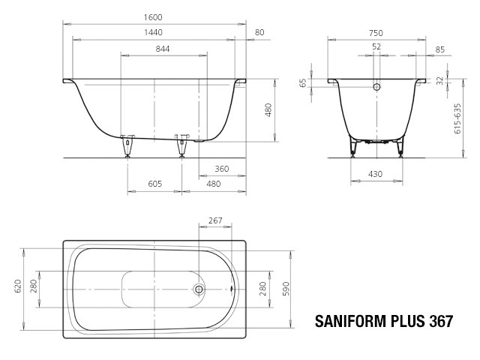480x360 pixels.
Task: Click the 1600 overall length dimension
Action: tap(153, 17)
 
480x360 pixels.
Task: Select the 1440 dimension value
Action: tap(153, 33)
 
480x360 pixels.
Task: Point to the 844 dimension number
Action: tap(163, 49)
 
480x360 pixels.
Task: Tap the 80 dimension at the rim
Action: tap(259, 33)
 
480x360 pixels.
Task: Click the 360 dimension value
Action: tap(221, 169)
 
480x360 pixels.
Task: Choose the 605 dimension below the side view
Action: tap(154, 184)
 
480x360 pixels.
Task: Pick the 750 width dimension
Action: tap(376, 33)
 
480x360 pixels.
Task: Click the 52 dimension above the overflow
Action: tap(376, 46)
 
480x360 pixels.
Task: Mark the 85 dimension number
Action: tap(439, 50)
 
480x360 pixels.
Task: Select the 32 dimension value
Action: tap(440, 78)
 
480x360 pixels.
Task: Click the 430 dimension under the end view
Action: tap(376, 175)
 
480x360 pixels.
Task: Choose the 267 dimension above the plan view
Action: tap(215, 220)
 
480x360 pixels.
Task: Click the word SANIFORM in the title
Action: tap(351, 322)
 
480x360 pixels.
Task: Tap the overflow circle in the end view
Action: tap(376, 87)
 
